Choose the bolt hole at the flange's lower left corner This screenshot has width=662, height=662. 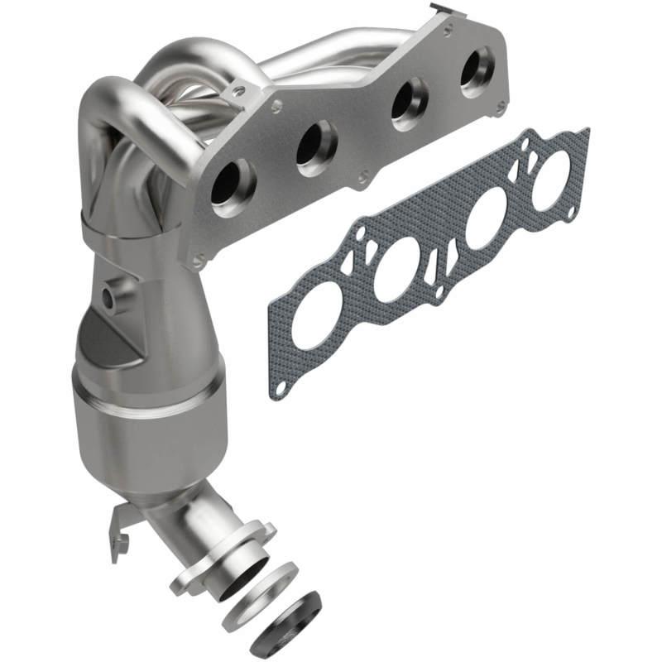198,262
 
